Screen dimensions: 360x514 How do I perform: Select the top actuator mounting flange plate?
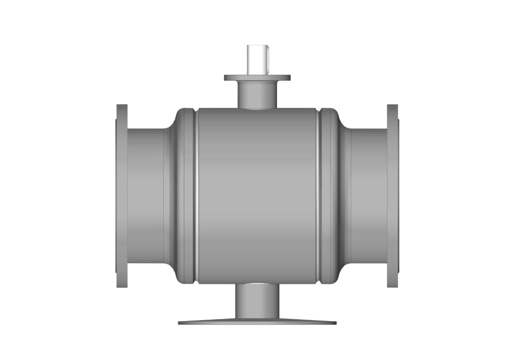click(x=257, y=78)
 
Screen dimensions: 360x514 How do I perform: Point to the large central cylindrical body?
click(x=257, y=195)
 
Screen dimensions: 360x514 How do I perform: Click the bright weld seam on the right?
click(x=317, y=195)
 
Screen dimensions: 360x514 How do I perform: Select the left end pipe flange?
click(x=122, y=195)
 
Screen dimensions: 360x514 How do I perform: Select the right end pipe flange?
click(x=393, y=195)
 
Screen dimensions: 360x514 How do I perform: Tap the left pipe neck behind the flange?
click(x=145, y=195)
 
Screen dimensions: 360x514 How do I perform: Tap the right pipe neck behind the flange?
click(x=369, y=195)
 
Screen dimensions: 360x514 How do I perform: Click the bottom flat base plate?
click(x=257, y=322)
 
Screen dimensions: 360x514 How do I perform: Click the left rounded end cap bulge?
click(x=183, y=195)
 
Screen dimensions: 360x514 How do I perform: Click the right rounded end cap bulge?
click(x=329, y=195)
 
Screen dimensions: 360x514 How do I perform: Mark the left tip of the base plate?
click(x=180, y=323)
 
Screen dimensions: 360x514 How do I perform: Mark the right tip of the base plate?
click(x=335, y=323)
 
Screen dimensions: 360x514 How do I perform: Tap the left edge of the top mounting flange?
click(x=226, y=78)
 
